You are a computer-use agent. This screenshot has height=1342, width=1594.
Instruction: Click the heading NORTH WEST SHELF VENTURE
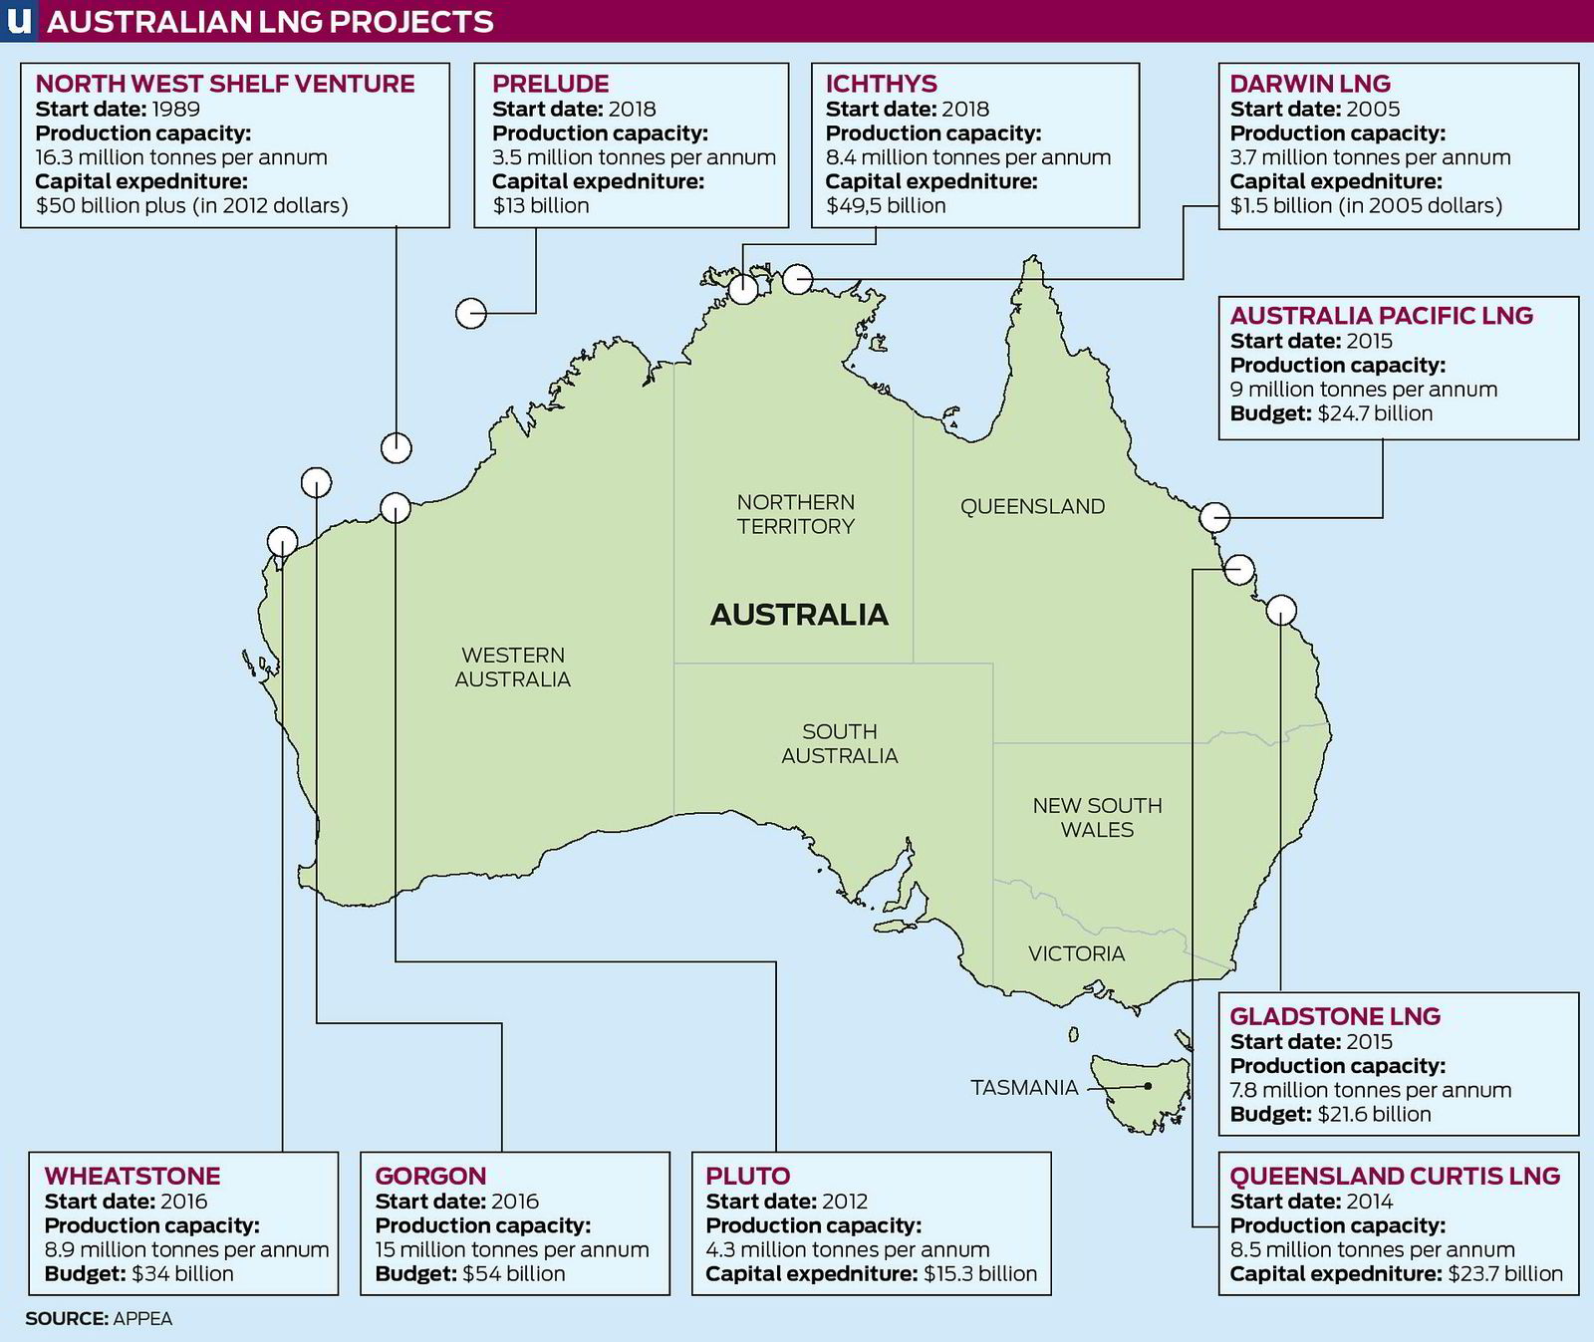tap(225, 84)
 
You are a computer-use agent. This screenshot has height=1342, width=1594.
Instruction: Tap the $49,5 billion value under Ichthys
tap(886, 205)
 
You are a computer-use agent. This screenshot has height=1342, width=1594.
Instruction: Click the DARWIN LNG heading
tap(1310, 84)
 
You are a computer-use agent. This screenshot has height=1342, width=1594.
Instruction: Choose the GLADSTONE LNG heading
tap(1335, 1016)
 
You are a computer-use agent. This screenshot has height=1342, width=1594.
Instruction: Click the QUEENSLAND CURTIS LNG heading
tap(1395, 1176)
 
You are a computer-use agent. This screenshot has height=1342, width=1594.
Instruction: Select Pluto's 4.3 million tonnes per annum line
tap(848, 1249)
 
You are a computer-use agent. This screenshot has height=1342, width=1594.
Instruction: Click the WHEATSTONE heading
tap(133, 1176)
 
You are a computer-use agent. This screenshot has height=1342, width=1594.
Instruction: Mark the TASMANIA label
tap(1024, 1087)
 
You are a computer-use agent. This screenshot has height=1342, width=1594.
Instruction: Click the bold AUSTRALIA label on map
tap(799, 614)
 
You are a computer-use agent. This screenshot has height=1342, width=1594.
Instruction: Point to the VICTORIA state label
tap(1076, 953)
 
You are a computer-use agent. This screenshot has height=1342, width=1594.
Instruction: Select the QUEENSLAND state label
tap(1032, 506)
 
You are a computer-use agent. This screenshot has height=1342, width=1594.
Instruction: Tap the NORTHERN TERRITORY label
tap(796, 514)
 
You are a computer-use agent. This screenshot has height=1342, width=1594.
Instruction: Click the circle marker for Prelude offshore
tap(471, 313)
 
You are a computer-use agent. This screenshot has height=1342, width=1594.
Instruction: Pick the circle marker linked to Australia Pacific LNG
tap(1214, 517)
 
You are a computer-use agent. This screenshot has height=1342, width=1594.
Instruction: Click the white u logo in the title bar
tap(18, 21)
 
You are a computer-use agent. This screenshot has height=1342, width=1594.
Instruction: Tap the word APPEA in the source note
tap(142, 1318)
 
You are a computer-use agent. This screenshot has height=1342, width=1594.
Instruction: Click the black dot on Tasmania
tap(1149, 1086)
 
